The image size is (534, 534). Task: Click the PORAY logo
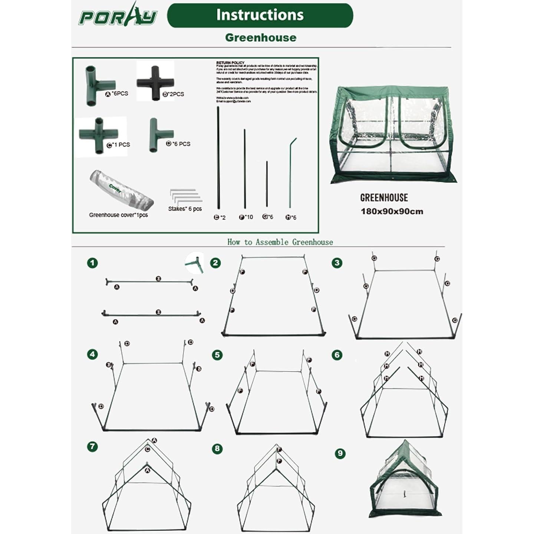pos(118,16)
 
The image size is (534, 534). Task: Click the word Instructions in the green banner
pos(260,15)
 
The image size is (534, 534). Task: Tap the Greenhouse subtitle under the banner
pos(261,37)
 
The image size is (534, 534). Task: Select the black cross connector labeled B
pos(155,83)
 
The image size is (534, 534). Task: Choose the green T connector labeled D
pos(158,135)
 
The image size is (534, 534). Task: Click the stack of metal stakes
pos(185,197)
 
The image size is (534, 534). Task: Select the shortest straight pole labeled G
pos(267,184)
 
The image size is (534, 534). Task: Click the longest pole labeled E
pos(218,158)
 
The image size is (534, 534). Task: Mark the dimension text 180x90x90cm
pos(392,212)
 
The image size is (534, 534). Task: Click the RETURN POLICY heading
pos(230,63)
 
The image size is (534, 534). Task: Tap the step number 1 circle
pos(92,263)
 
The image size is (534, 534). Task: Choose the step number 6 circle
pos(337,355)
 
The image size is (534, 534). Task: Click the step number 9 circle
pos(340,454)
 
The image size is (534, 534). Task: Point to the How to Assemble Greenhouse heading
pos(280,242)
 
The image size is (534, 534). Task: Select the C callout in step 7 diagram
pos(148,449)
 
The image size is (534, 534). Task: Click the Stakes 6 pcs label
pos(185,209)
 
